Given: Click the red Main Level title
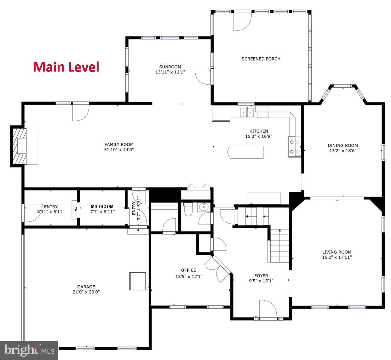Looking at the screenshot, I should coord(66,67).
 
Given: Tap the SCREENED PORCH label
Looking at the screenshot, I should coord(261,59).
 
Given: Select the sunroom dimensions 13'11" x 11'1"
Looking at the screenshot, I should coord(170,72).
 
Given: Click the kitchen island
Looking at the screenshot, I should coord(245,152).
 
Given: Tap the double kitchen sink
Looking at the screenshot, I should coord(247,112).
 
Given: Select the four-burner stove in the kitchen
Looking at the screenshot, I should coord(294,147).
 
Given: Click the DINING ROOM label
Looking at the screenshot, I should coord(343,146).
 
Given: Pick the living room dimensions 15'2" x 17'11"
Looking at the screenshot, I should coord(336,257).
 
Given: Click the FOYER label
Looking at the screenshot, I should coord(261,276).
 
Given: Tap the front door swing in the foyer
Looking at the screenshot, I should coord(268,309).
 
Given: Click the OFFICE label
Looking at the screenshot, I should coord(188,270).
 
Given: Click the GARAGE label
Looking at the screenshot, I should coord(86,287).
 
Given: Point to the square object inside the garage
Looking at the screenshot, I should coord(137,281).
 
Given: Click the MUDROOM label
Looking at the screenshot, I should coord(102,206).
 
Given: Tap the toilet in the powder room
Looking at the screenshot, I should coord(188,210).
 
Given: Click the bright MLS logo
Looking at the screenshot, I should coord(29,350).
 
